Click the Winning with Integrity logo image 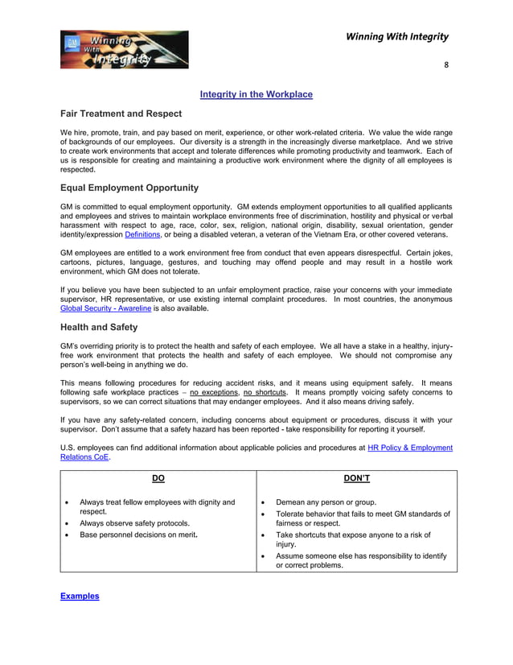click(124, 49)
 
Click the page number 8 click(446, 66)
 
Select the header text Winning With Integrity click(397, 36)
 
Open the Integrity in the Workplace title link click(256, 94)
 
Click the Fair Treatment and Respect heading click(121, 114)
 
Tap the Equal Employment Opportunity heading click(129, 188)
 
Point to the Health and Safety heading click(99, 327)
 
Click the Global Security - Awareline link click(105, 308)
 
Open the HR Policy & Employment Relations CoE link click(409, 448)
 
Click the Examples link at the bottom click(80, 596)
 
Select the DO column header click(158, 478)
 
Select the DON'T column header click(356, 478)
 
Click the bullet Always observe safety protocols click(134, 522)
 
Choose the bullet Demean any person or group click(326, 502)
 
